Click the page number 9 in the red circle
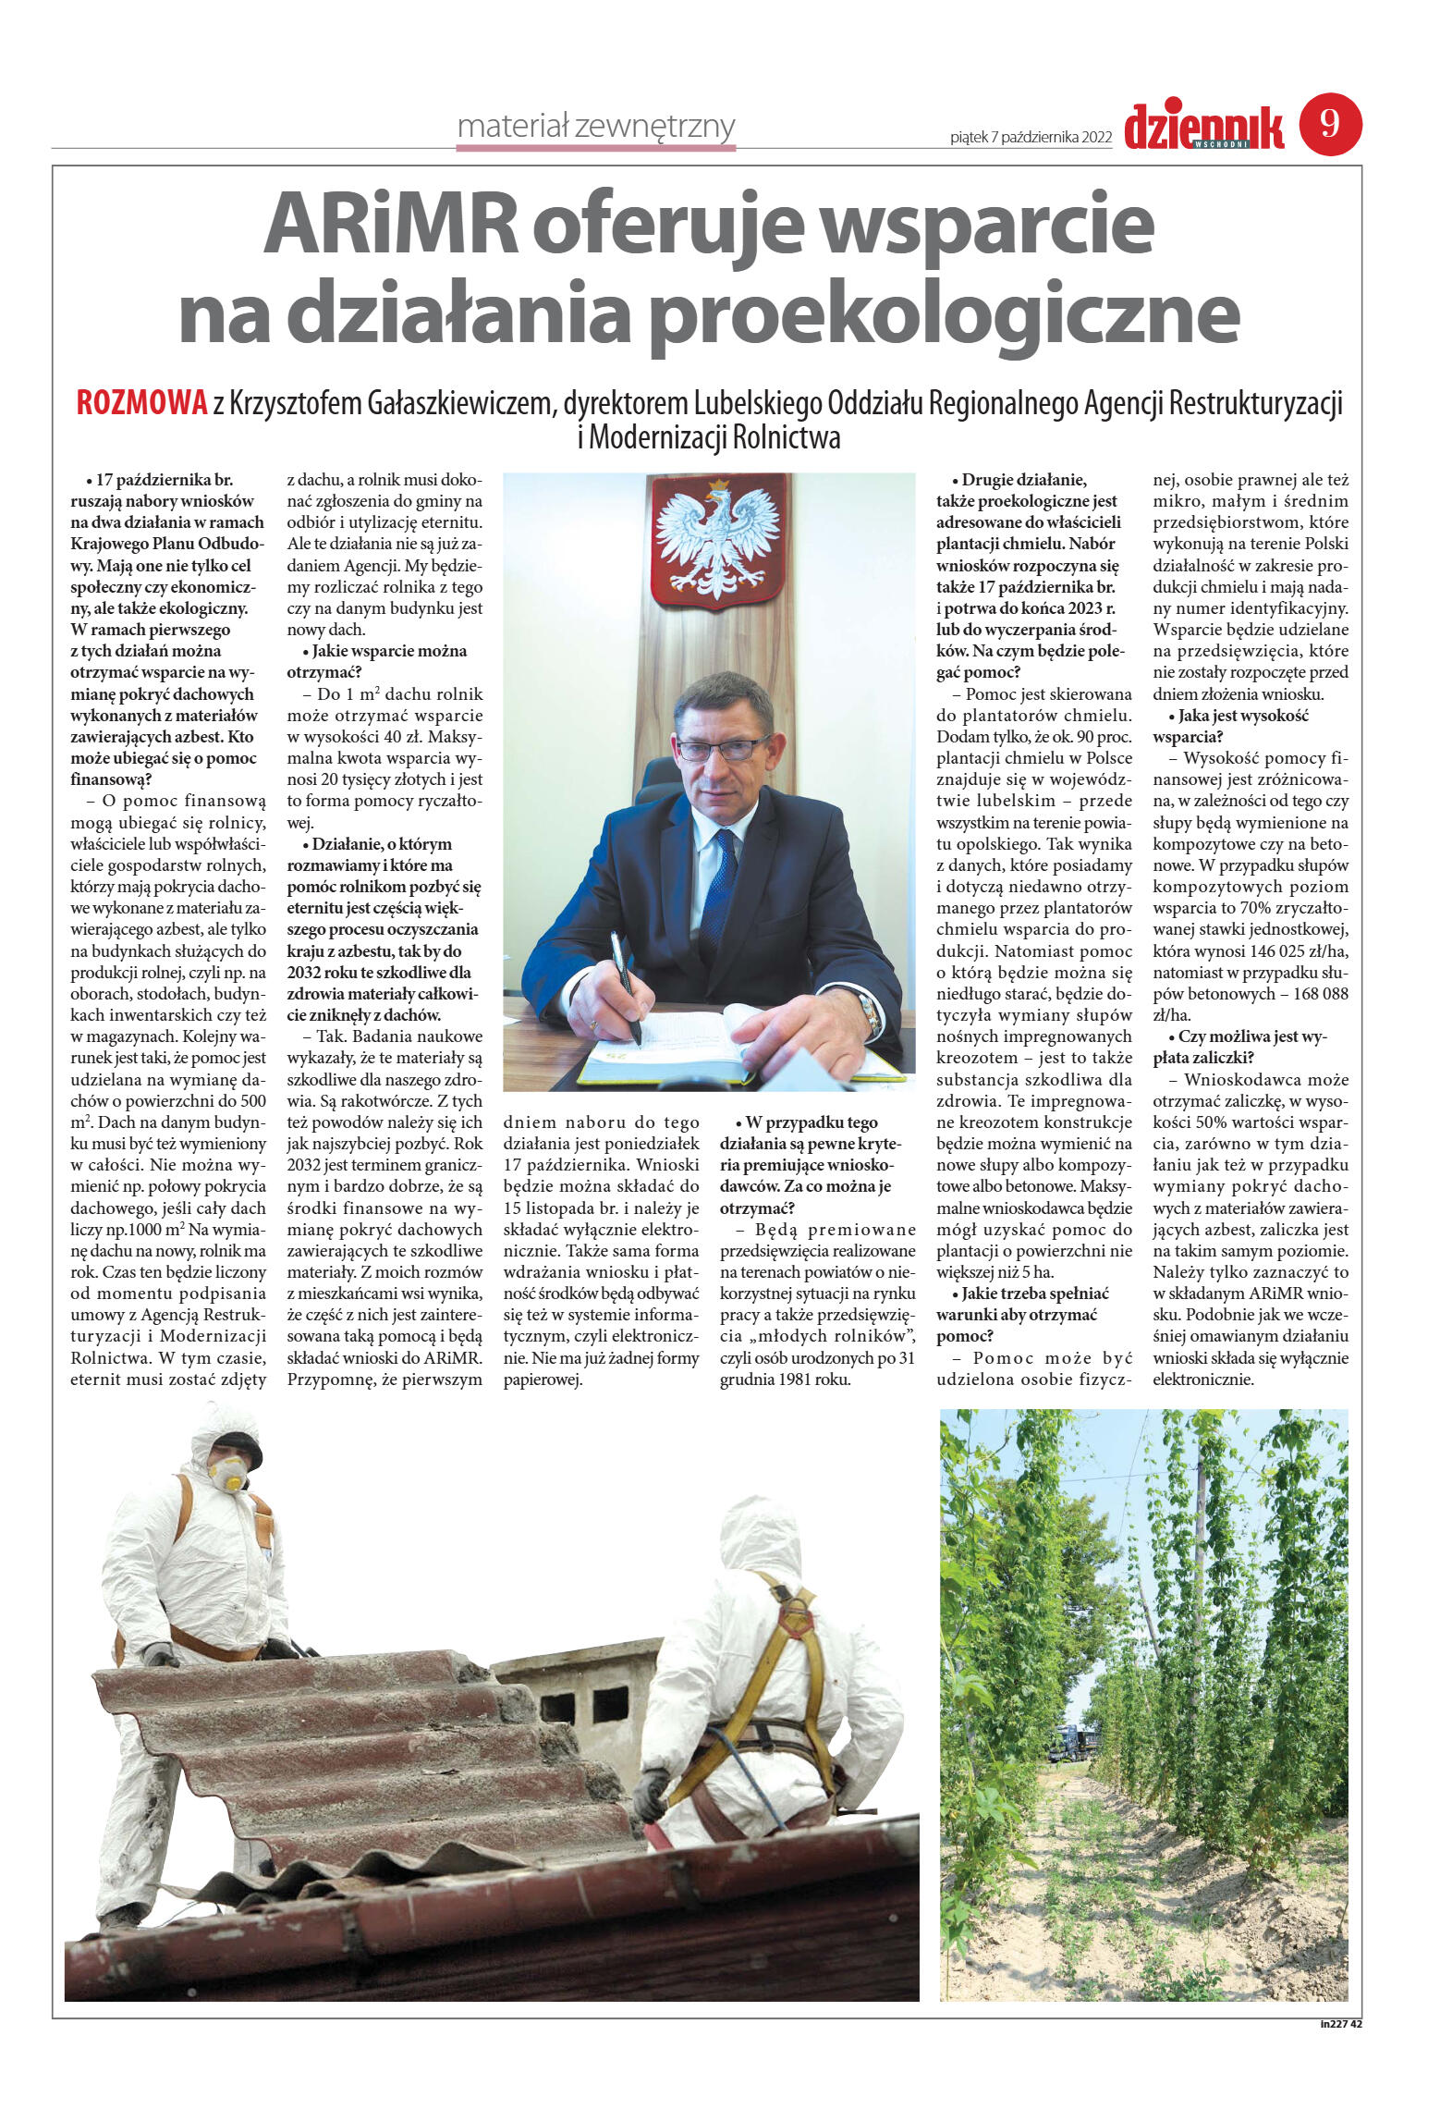pyautogui.click(x=1330, y=124)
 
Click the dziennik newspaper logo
pyautogui.click(x=1203, y=128)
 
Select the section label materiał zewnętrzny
pyautogui.click(x=596, y=126)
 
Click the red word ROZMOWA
pyautogui.click(x=141, y=404)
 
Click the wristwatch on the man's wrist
pyautogui.click(x=869, y=1012)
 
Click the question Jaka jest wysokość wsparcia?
pyautogui.click(x=1229, y=726)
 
